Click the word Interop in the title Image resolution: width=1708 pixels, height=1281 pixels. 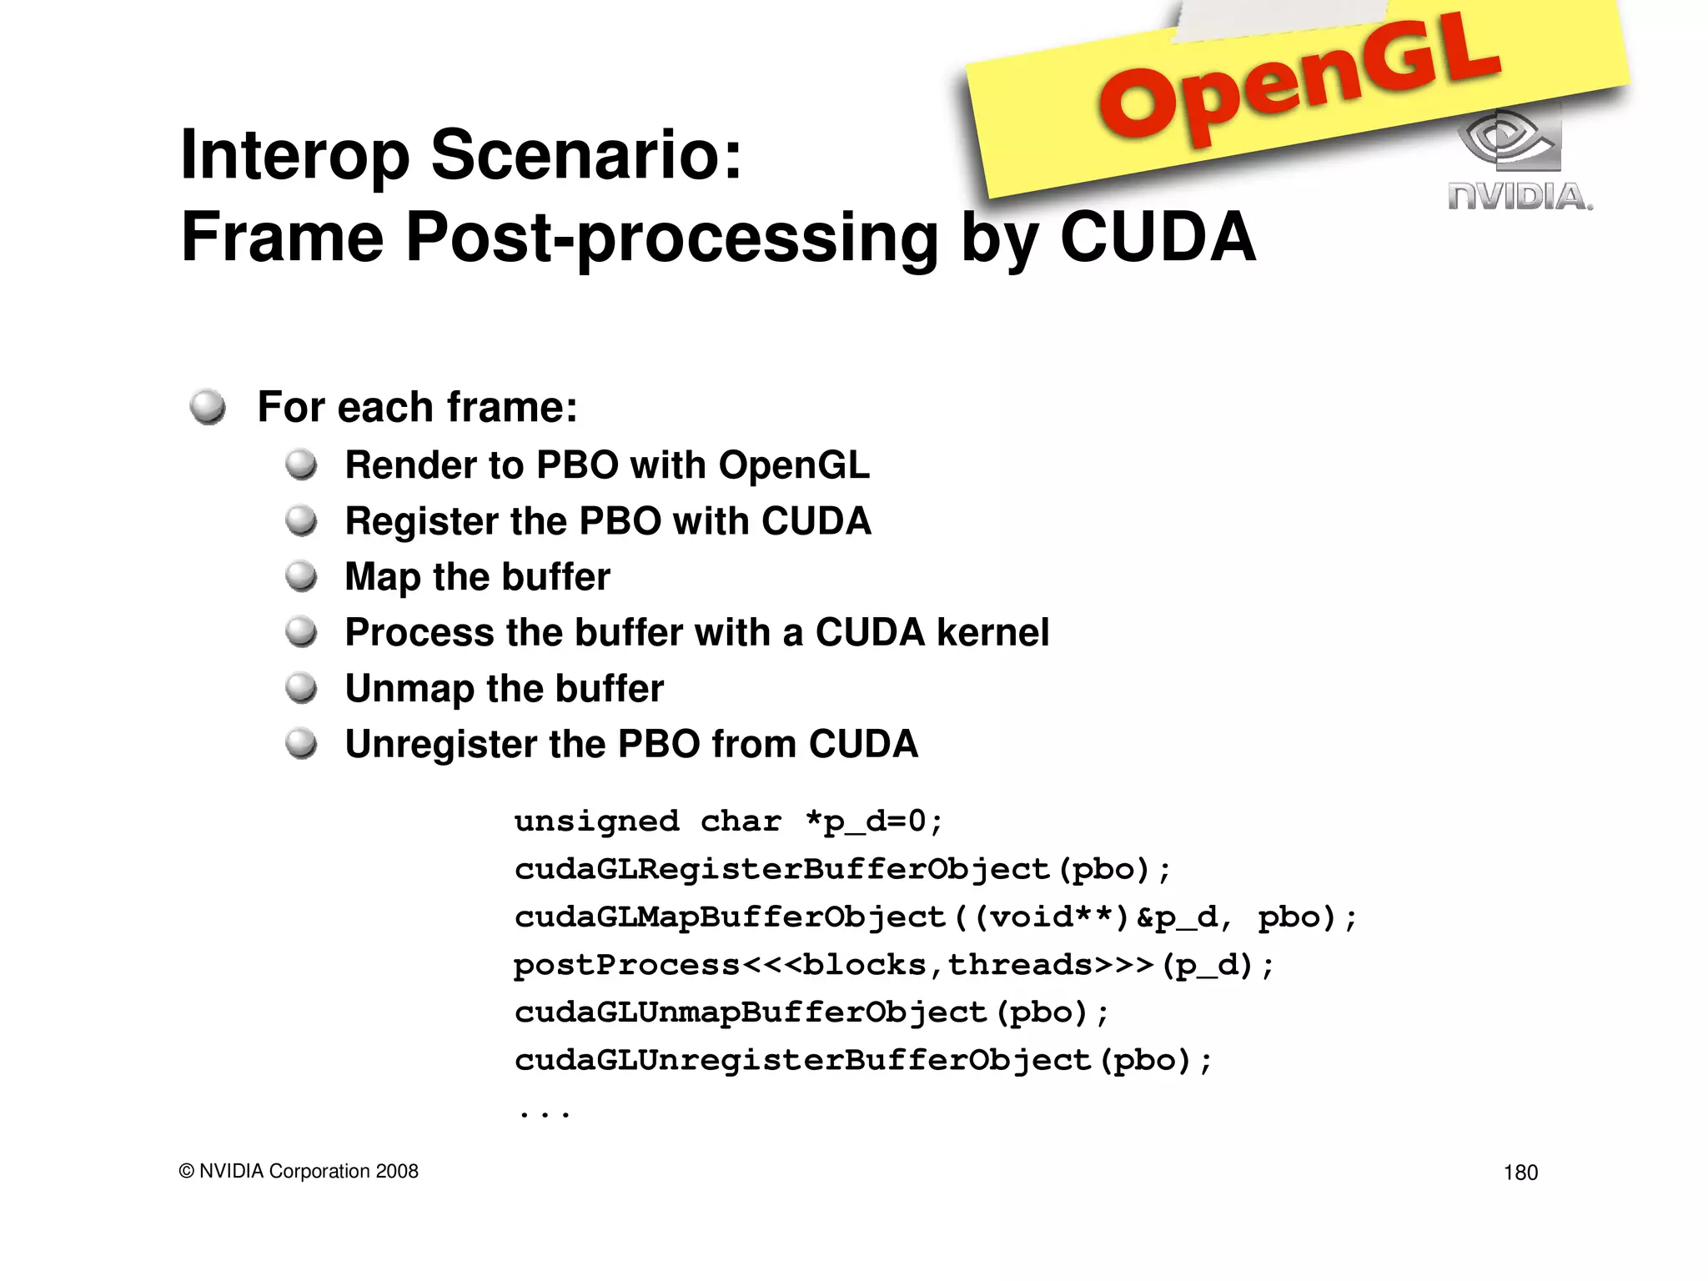(294, 157)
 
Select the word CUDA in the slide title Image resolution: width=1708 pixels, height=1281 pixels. (1157, 238)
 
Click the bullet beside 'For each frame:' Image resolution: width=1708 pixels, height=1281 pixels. (208, 407)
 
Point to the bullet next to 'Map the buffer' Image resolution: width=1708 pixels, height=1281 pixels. (301, 576)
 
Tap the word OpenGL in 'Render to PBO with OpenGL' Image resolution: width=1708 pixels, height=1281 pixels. (793, 465)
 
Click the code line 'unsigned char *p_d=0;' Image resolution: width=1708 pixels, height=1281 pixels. (728, 821)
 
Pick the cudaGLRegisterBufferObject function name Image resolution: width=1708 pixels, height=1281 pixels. (781, 870)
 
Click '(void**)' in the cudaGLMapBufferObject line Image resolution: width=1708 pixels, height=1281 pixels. (1051, 917)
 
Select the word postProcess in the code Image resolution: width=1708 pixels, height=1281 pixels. (626, 965)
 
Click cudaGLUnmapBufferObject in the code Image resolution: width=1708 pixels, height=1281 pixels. (751, 1012)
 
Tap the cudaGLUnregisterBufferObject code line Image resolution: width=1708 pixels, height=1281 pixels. (863, 1061)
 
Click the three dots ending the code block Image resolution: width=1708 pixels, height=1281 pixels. (544, 1113)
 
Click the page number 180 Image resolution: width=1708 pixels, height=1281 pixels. (1520, 1173)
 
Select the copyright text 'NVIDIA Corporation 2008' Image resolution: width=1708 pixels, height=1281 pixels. (309, 1171)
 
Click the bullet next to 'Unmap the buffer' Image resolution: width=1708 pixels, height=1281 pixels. (301, 688)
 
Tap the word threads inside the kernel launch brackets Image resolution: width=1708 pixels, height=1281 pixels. (1020, 965)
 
